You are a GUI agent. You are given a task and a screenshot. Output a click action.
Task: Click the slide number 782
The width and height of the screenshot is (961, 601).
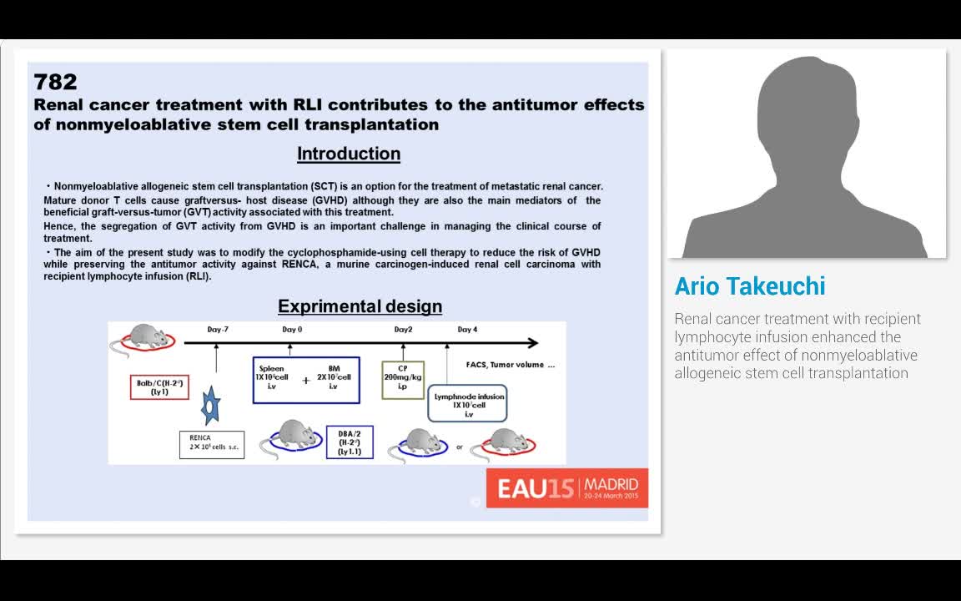55,82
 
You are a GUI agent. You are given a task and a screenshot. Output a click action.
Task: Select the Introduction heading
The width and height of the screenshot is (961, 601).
349,154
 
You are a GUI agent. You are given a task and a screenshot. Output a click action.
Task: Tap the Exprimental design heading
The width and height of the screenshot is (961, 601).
360,306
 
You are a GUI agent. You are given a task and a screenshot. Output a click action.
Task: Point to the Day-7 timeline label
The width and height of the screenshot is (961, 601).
218,330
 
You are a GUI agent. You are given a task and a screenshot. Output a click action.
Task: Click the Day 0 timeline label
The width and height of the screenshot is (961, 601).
292,330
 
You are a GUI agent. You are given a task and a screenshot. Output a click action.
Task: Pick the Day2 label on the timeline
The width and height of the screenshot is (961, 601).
403,330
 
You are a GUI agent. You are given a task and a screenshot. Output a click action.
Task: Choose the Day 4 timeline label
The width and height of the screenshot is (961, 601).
467,330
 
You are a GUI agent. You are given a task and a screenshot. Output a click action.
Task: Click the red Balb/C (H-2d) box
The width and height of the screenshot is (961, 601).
159,387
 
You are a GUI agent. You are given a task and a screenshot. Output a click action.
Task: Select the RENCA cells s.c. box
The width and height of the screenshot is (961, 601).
212,444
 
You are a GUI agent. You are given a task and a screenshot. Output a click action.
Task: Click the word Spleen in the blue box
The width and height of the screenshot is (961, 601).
272,368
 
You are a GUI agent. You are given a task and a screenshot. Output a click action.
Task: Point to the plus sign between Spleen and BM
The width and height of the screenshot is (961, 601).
305,381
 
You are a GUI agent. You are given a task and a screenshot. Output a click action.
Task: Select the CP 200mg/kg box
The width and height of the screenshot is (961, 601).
403,380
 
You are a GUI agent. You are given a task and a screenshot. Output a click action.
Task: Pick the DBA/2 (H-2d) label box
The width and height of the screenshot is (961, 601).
350,442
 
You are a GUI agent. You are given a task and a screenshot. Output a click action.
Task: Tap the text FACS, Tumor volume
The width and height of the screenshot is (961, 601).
510,365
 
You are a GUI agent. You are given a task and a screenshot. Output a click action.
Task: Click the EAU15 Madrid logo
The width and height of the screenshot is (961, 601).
567,487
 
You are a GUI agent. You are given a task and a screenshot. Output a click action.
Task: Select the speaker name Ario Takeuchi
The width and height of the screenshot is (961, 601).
750,286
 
